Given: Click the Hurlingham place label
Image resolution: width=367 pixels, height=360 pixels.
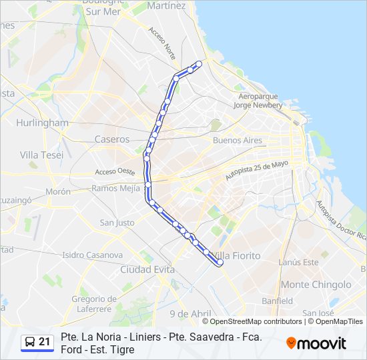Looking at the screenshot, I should [x=43, y=123].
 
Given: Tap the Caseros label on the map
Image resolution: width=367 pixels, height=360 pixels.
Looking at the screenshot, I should [x=112, y=139].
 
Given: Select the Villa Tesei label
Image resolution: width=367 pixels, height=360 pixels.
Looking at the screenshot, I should [x=41, y=155].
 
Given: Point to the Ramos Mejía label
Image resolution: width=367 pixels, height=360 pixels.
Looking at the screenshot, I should [x=116, y=188].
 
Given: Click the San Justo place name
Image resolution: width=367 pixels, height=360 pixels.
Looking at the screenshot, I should [x=117, y=223].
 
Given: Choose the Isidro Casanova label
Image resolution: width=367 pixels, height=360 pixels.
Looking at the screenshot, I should [x=92, y=255].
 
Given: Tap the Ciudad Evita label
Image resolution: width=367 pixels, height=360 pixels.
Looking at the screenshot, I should [x=147, y=269].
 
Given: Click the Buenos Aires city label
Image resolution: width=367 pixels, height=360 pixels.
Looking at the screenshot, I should [x=237, y=141].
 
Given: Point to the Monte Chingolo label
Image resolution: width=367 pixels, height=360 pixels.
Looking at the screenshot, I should [x=316, y=285].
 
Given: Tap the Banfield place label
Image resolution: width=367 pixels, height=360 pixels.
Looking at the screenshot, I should [x=277, y=301].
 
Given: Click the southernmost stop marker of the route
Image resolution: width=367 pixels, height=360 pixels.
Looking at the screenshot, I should [x=220, y=263].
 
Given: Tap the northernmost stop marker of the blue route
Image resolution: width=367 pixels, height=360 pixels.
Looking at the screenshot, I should [x=198, y=64].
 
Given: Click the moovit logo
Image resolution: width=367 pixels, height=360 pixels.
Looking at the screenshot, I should [x=316, y=343].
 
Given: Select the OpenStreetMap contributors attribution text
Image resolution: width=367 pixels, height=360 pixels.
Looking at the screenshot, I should [x=256, y=321].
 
